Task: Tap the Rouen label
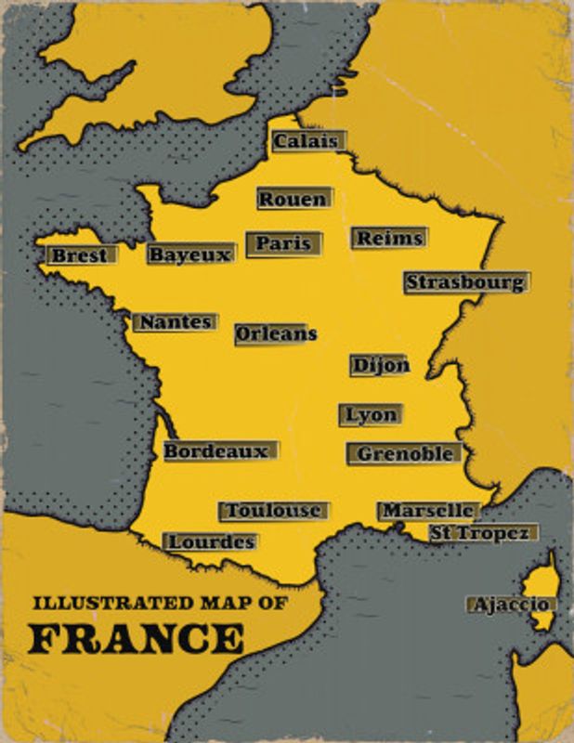point(294,199)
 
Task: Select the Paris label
point(283,243)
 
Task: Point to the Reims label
point(388,238)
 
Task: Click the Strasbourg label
point(465,282)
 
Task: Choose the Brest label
point(81,255)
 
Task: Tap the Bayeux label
point(190,254)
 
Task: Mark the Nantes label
point(175,322)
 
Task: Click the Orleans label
point(276,333)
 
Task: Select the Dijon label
point(379,365)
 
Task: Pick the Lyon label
point(371,415)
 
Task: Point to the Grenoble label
point(404,453)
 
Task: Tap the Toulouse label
point(273,511)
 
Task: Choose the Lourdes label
point(210,541)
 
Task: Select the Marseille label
point(427,511)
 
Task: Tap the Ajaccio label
point(512,605)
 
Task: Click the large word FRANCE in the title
point(137,639)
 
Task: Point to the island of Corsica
point(540,585)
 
